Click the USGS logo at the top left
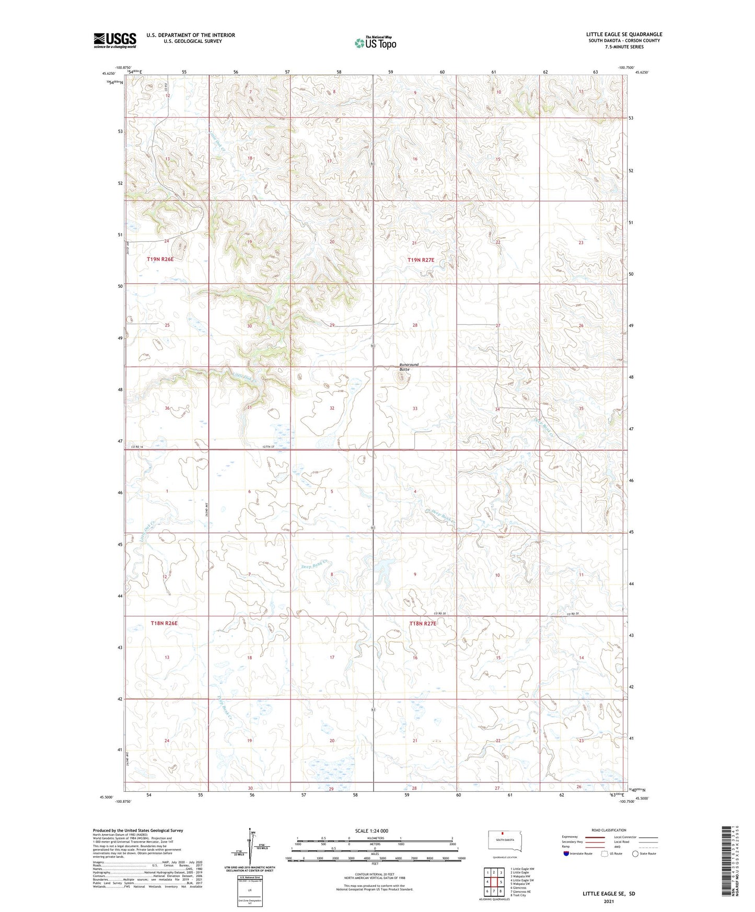coord(115,40)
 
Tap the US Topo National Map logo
coord(375,43)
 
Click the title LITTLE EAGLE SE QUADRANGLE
coord(624,34)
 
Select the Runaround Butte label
coord(409,367)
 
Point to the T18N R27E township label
coord(423,624)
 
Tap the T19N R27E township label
coord(421,260)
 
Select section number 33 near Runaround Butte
coord(415,408)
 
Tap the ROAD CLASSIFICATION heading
coord(609,830)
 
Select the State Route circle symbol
coord(635,853)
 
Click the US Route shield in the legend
coord(606,853)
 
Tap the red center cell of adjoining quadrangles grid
coord(494,882)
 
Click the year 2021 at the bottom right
coord(609,902)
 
